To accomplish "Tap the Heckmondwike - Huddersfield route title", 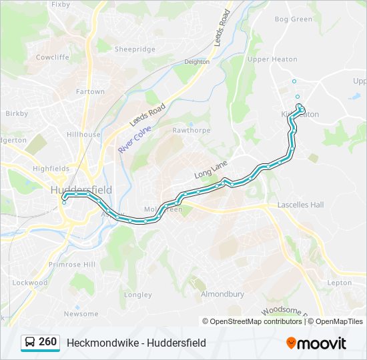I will pos(136,343).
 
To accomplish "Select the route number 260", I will pos(48,342).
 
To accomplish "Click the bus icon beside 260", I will pos(31,343).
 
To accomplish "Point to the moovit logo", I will pos(316,343).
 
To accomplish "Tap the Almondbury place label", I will pos(222,294).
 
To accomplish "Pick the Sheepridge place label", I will pos(135,49).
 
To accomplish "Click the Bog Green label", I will pos(293,19).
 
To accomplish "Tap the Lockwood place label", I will pos(31,283).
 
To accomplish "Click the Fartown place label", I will pos(90,91).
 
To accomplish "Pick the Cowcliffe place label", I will pos(52,57).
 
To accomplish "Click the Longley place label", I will pos(138,295).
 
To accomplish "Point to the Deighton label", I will pos(196,62).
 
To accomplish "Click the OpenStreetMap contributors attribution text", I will pos(256,321).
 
